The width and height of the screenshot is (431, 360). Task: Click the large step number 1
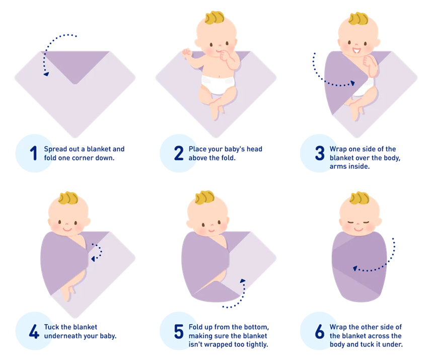pyautogui.click(x=34, y=153)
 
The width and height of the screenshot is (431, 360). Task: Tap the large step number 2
pyautogui.click(x=179, y=153)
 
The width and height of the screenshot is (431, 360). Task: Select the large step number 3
pyautogui.click(x=320, y=153)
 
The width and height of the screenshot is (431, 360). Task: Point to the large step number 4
pyautogui.click(x=34, y=331)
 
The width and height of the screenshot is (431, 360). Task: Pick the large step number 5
pyautogui.click(x=179, y=331)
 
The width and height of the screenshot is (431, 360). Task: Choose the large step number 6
pyautogui.click(x=319, y=331)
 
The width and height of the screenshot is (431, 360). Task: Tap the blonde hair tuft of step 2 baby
pyautogui.click(x=214, y=17)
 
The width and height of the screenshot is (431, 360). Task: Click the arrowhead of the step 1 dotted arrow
pyautogui.click(x=46, y=74)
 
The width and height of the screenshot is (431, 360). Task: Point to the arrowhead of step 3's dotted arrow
pyautogui.click(x=352, y=83)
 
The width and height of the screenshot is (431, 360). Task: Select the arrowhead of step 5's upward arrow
pyautogui.click(x=243, y=281)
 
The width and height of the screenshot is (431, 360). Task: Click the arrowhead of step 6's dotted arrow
pyautogui.click(x=355, y=268)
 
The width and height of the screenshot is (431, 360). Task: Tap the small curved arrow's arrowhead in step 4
pyautogui.click(x=93, y=259)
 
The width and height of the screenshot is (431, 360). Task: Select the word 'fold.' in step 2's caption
pyautogui.click(x=228, y=158)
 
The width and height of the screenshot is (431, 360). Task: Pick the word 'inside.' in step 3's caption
pyautogui.click(x=360, y=166)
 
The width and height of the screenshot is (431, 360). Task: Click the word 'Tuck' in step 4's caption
pyautogui.click(x=51, y=327)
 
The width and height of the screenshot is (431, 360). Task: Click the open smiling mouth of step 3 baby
pyautogui.click(x=356, y=51)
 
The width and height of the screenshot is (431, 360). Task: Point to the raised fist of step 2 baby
pyautogui.click(x=187, y=52)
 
